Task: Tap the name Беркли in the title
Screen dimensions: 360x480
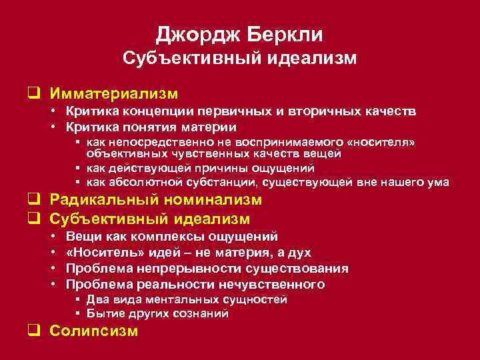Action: coord(285,34)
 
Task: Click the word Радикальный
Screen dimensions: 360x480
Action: coord(109,200)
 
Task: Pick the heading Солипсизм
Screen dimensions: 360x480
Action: coord(94,331)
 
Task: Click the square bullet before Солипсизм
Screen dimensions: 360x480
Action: coord(40,331)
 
